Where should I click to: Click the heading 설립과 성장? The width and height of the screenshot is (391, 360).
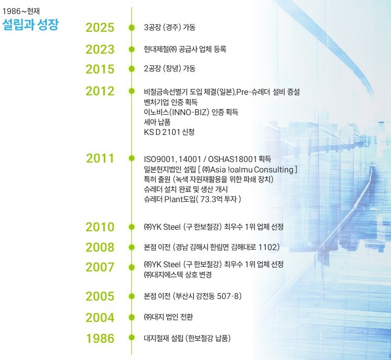tap(31, 24)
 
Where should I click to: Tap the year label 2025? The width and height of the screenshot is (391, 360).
tap(100, 28)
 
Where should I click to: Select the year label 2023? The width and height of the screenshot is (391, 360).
tap(100, 49)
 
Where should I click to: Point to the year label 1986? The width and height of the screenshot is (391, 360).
tap(100, 339)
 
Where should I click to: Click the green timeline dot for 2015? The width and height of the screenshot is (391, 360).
tap(131, 69)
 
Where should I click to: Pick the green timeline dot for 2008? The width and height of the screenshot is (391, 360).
tap(131, 246)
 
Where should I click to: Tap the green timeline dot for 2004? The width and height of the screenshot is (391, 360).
tap(131, 316)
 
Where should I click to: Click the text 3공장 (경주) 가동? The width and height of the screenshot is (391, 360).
tap(169, 27)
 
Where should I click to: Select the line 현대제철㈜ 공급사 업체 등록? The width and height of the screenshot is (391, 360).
tap(185, 49)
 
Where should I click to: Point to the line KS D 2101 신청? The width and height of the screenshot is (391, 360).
tap(169, 132)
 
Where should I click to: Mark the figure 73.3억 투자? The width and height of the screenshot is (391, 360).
tap(214, 198)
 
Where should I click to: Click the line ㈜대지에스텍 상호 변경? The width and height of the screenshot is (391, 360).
tap(178, 274)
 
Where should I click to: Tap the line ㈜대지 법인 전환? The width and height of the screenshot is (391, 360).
tap(168, 316)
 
